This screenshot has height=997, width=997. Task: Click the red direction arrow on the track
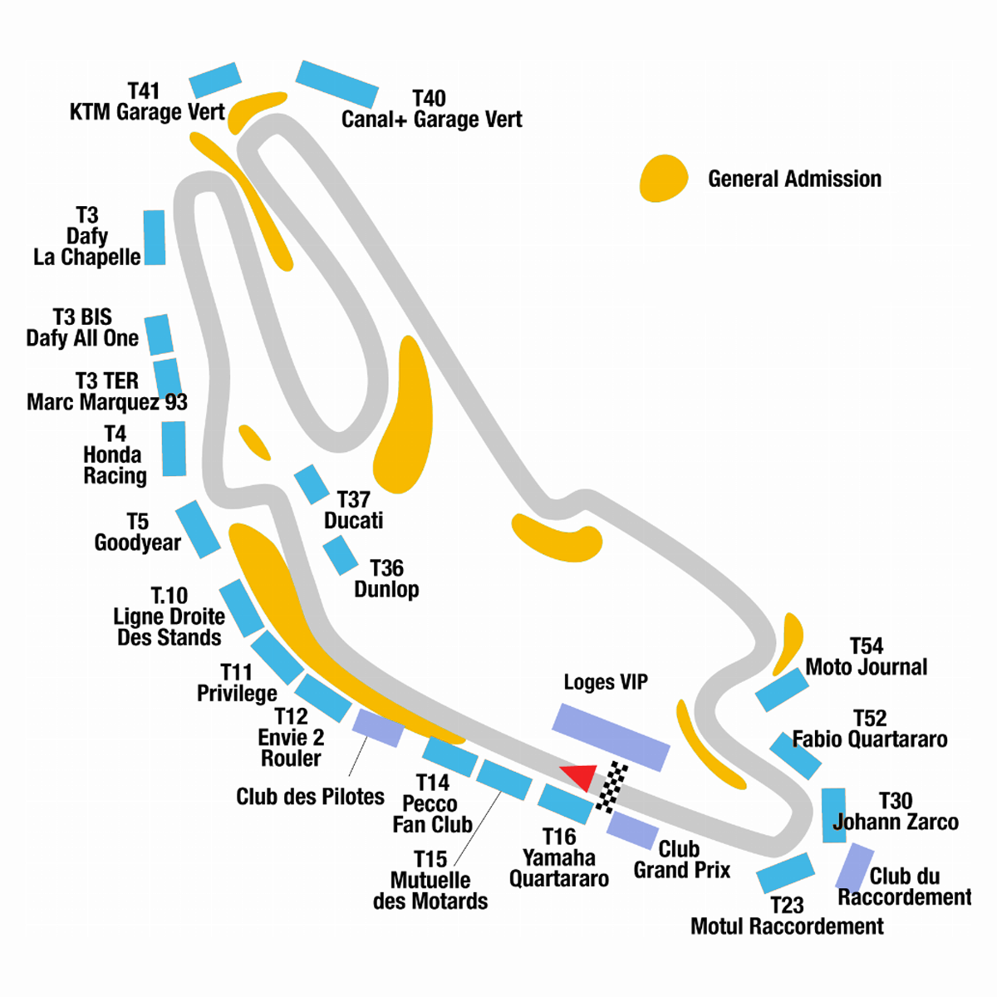coord(581,776)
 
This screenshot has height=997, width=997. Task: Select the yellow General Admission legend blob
coord(664,178)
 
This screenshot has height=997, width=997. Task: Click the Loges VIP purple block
coord(611,737)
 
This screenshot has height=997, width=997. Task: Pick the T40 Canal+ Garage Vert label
coord(431,110)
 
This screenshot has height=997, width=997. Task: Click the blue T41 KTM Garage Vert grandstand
coord(215,80)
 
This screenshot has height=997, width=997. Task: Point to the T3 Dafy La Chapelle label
coord(87,237)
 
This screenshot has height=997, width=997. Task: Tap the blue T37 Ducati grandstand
coord(312,484)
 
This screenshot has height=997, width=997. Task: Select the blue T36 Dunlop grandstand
coord(340,555)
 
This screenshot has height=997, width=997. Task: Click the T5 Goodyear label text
coord(137,533)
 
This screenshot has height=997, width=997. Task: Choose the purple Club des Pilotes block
coord(378,727)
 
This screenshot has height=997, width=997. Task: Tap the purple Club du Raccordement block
coord(854,867)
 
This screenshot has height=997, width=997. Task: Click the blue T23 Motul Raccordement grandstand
coord(785,873)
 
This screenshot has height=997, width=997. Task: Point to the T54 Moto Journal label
coord(866,656)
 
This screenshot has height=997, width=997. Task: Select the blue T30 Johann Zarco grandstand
coord(833,814)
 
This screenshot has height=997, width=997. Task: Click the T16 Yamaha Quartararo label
coord(559,857)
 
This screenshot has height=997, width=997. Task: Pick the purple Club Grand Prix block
coord(633,830)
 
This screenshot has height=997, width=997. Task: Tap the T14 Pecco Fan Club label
coord(432,803)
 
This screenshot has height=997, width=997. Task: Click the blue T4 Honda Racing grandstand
coord(174,449)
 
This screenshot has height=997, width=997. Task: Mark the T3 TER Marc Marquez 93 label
coord(107,392)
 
